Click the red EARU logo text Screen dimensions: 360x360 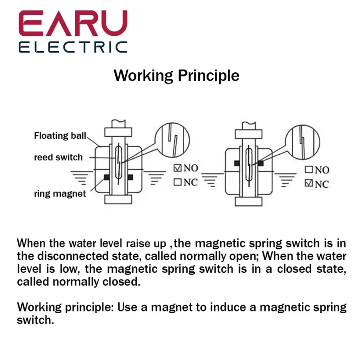point(73,23)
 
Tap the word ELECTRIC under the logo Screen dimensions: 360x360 point(73,47)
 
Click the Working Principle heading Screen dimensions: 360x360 point(176,76)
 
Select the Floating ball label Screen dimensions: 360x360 point(60,136)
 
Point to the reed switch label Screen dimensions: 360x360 point(58,157)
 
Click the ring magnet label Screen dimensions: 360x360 point(60,194)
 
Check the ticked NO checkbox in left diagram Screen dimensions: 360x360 point(178,168)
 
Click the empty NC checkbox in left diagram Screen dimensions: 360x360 point(178,182)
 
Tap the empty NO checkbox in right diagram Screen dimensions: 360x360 point(309,170)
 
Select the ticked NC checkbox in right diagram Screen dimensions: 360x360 point(309,183)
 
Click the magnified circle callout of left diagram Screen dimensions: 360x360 point(172,140)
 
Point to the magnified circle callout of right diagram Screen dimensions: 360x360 point(303,142)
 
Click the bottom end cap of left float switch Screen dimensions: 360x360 point(118,200)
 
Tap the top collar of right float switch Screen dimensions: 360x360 point(248,134)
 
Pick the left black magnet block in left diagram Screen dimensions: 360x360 point(106,177)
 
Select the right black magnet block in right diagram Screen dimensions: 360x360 point(260,163)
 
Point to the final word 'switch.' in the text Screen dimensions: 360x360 point(35,320)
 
